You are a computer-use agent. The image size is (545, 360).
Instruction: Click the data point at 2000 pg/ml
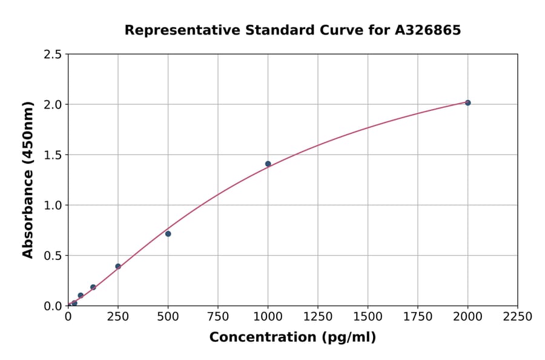[467, 103]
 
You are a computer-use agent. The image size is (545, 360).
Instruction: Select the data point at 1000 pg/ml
[268, 164]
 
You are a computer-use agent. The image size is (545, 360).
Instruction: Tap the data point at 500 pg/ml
[168, 234]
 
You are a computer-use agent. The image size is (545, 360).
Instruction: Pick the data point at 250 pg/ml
[118, 266]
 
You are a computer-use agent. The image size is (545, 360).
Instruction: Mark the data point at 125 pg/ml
[93, 287]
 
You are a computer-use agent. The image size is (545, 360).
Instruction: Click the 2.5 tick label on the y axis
[53, 55]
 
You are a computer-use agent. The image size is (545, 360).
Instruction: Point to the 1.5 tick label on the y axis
[53, 155]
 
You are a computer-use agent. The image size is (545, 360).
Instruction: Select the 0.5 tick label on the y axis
[53, 256]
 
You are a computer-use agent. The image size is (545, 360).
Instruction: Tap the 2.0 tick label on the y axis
[53, 105]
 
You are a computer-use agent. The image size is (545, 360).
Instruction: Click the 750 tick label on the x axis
[218, 316]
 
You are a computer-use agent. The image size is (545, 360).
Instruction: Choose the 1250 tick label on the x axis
[318, 316]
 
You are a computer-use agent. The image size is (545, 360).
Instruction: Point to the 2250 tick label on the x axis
[518, 316]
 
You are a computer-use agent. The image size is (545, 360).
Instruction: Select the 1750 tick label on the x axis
[418, 316]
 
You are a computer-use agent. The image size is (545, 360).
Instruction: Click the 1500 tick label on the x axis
[368, 316]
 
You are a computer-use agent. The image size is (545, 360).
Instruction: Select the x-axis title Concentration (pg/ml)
[292, 338]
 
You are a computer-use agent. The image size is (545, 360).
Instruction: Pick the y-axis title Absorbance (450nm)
[28, 180]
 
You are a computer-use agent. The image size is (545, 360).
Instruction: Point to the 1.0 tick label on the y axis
[53, 205]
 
